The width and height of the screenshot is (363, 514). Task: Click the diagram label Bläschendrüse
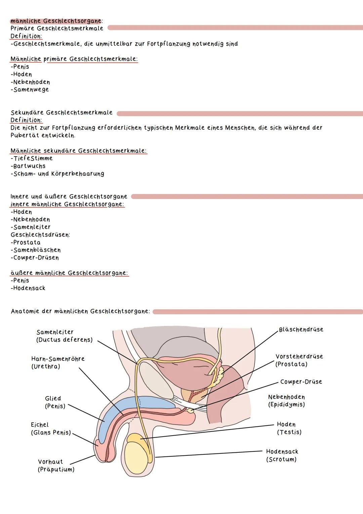coord(301,330)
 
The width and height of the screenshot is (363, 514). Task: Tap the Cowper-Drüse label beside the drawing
coord(301,382)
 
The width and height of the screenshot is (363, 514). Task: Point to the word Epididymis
coord(286,405)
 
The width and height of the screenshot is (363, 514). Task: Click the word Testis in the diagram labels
coord(289,432)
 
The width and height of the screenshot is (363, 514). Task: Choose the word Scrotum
coord(281,459)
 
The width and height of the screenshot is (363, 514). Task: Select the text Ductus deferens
coord(64,340)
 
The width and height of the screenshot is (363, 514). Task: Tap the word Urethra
coord(46,367)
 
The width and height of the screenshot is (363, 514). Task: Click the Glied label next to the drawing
coord(53,399)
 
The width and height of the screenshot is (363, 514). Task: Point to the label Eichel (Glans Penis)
coord(51,429)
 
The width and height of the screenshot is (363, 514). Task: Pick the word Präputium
coord(56,470)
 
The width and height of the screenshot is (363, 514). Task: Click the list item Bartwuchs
coord(29,166)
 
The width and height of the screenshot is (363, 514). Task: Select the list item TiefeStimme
coord(32,158)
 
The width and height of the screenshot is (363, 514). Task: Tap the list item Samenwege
coord(31,90)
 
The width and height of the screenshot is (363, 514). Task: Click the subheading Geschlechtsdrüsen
coord(40,235)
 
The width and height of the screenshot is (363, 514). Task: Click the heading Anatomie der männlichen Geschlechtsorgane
coord(80,311)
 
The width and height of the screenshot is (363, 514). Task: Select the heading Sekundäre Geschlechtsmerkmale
coord(62,112)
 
